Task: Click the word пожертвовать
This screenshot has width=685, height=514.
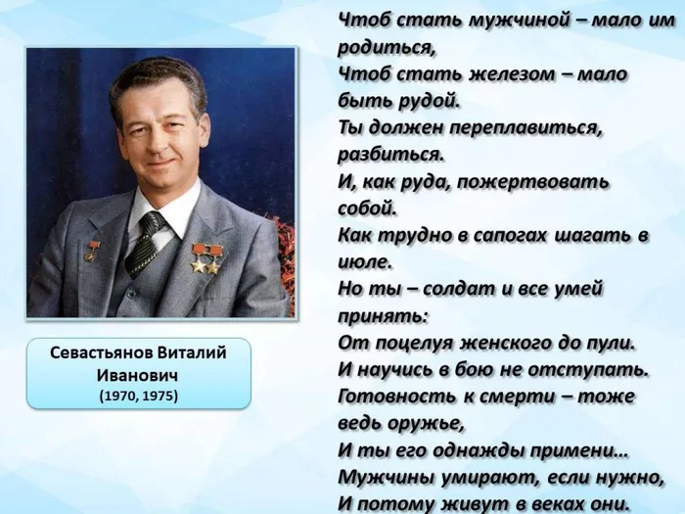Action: pyautogui.click(x=554, y=182)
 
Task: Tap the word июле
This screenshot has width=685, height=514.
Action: pyautogui.click(x=363, y=262)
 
